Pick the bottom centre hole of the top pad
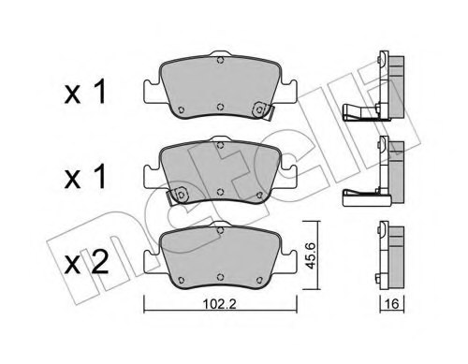(x=218, y=104)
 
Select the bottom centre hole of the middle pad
(x=218, y=193)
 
